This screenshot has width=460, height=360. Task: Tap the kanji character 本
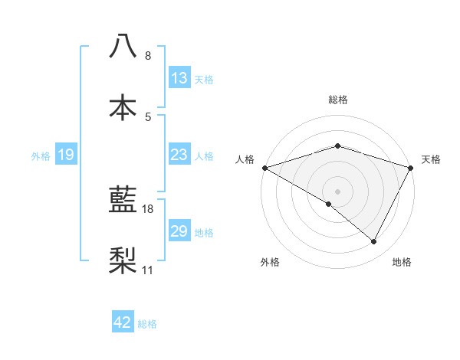pyautogui.click(x=123, y=106)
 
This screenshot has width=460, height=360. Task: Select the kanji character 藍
pyautogui.click(x=123, y=200)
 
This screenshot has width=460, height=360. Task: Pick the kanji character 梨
pyautogui.click(x=123, y=261)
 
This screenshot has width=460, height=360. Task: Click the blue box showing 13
pyautogui.click(x=179, y=77)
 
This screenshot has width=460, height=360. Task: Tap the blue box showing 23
pyautogui.click(x=179, y=155)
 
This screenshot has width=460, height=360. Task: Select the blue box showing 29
pyautogui.click(x=179, y=231)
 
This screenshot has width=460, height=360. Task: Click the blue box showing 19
pyautogui.click(x=66, y=155)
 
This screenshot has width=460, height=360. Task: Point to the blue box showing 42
pyautogui.click(x=123, y=322)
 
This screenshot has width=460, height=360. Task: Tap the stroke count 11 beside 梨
pyautogui.click(x=148, y=270)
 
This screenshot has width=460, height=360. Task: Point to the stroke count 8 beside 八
pyautogui.click(x=147, y=56)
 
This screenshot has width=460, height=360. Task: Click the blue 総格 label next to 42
pyautogui.click(x=148, y=323)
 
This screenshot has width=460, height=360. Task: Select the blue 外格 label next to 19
pyautogui.click(x=41, y=155)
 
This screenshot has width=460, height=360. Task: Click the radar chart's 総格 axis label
pyautogui.click(x=338, y=100)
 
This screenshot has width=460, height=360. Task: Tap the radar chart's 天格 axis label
pyautogui.click(x=431, y=159)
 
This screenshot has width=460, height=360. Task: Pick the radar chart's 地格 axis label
pyautogui.click(x=402, y=262)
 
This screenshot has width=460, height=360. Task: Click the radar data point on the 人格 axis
pyautogui.click(x=264, y=168)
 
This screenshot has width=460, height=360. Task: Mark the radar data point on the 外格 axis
pyautogui.click(x=329, y=204)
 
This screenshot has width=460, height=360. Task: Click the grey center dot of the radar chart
pyautogui.click(x=338, y=191)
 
